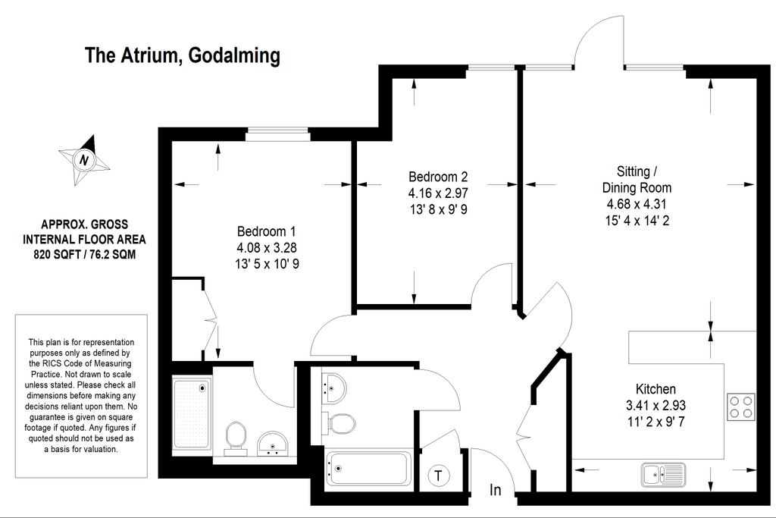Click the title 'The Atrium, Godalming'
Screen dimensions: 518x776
[182, 55]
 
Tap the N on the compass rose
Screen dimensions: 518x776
[84, 160]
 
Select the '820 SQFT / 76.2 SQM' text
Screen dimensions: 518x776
[84, 255]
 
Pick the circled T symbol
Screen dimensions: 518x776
[437, 476]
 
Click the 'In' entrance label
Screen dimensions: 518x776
[495, 491]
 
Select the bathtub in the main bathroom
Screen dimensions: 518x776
[368, 471]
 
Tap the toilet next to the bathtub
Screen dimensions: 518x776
[340, 422]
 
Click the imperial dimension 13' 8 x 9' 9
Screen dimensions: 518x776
[437, 209]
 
